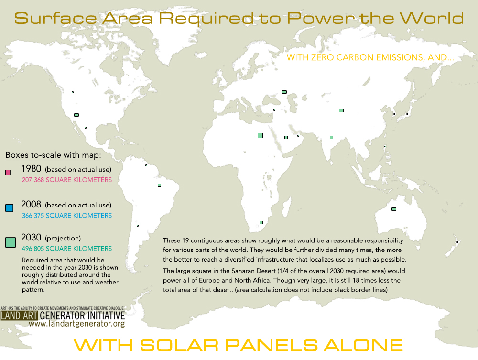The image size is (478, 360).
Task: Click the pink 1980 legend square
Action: pos(8,172)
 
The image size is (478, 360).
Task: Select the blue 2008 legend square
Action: pos(9,208)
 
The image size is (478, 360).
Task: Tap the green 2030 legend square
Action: pos(11,242)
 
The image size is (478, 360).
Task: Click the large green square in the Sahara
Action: pos(260,135)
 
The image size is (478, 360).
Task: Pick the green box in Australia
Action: pos(394,209)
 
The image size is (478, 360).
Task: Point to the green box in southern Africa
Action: pos(261,222)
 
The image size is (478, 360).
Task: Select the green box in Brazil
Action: pos(159,185)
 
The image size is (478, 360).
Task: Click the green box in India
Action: pos(331,138)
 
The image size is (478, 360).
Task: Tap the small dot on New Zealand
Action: pos(457,242)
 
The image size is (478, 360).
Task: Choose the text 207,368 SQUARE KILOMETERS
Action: pos(67,180)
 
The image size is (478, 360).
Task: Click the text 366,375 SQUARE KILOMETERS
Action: pos(67,216)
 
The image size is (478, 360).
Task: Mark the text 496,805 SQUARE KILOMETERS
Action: pos(67,249)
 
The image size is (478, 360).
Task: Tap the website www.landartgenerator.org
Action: pos(77,323)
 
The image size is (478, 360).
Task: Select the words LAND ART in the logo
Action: pos(19,316)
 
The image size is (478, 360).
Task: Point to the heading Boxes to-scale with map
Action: pos(53,155)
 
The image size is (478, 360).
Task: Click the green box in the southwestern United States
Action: pos(76,115)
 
